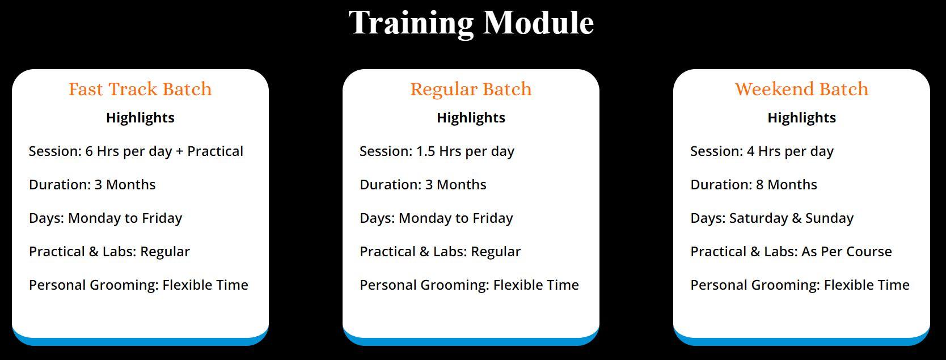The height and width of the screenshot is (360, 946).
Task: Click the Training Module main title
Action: click(471, 23)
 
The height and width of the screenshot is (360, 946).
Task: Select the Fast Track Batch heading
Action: click(140, 89)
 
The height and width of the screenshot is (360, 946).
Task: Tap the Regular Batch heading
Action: click(471, 90)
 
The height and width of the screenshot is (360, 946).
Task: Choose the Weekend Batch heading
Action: click(801, 89)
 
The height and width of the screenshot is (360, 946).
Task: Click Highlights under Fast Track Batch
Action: click(140, 118)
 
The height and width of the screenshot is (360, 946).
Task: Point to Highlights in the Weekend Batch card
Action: click(801, 118)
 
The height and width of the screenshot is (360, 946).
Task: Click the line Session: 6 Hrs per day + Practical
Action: click(136, 151)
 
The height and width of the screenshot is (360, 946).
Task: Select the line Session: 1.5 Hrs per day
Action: click(437, 151)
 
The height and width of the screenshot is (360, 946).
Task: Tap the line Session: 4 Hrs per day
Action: click(762, 151)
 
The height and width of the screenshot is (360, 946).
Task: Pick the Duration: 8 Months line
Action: click(754, 184)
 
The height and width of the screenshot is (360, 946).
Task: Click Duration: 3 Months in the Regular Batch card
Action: click(423, 184)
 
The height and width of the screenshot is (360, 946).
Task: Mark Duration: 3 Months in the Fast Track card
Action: click(92, 184)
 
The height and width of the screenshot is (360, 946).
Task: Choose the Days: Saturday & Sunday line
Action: click(772, 218)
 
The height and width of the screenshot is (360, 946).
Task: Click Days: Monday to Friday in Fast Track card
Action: click(105, 218)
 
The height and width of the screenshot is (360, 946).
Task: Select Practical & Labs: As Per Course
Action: click(791, 252)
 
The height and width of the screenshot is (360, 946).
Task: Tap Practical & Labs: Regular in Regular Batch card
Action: click(440, 252)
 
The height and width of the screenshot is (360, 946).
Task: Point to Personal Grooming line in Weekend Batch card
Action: click(800, 285)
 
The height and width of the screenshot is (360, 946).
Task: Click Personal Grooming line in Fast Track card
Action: click(138, 285)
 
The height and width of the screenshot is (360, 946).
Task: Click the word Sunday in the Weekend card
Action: click(829, 218)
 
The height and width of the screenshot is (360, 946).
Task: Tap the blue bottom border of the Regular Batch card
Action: click(471, 342)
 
